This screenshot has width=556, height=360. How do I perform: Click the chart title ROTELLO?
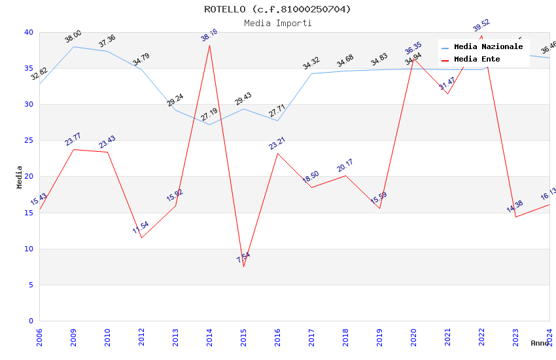277,9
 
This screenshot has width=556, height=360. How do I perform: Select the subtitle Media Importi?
277,23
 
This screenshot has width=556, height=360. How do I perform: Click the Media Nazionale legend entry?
488,47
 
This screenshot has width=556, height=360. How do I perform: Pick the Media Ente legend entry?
477,59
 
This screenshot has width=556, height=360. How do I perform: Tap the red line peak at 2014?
209,45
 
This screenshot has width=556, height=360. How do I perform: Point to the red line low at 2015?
243,266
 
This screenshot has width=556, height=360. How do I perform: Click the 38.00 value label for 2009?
73,37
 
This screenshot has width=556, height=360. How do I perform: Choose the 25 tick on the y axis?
29,140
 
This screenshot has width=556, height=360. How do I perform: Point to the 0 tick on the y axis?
31,321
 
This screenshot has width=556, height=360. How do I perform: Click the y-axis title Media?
20,177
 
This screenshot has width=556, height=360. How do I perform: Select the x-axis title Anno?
540,343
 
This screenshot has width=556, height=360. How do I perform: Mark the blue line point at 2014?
209,124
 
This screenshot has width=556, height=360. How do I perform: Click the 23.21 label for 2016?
277,143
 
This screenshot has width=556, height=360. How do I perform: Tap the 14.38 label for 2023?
515,207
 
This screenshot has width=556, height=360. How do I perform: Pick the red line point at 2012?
141,238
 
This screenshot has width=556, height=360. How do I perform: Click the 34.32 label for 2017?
311,63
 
